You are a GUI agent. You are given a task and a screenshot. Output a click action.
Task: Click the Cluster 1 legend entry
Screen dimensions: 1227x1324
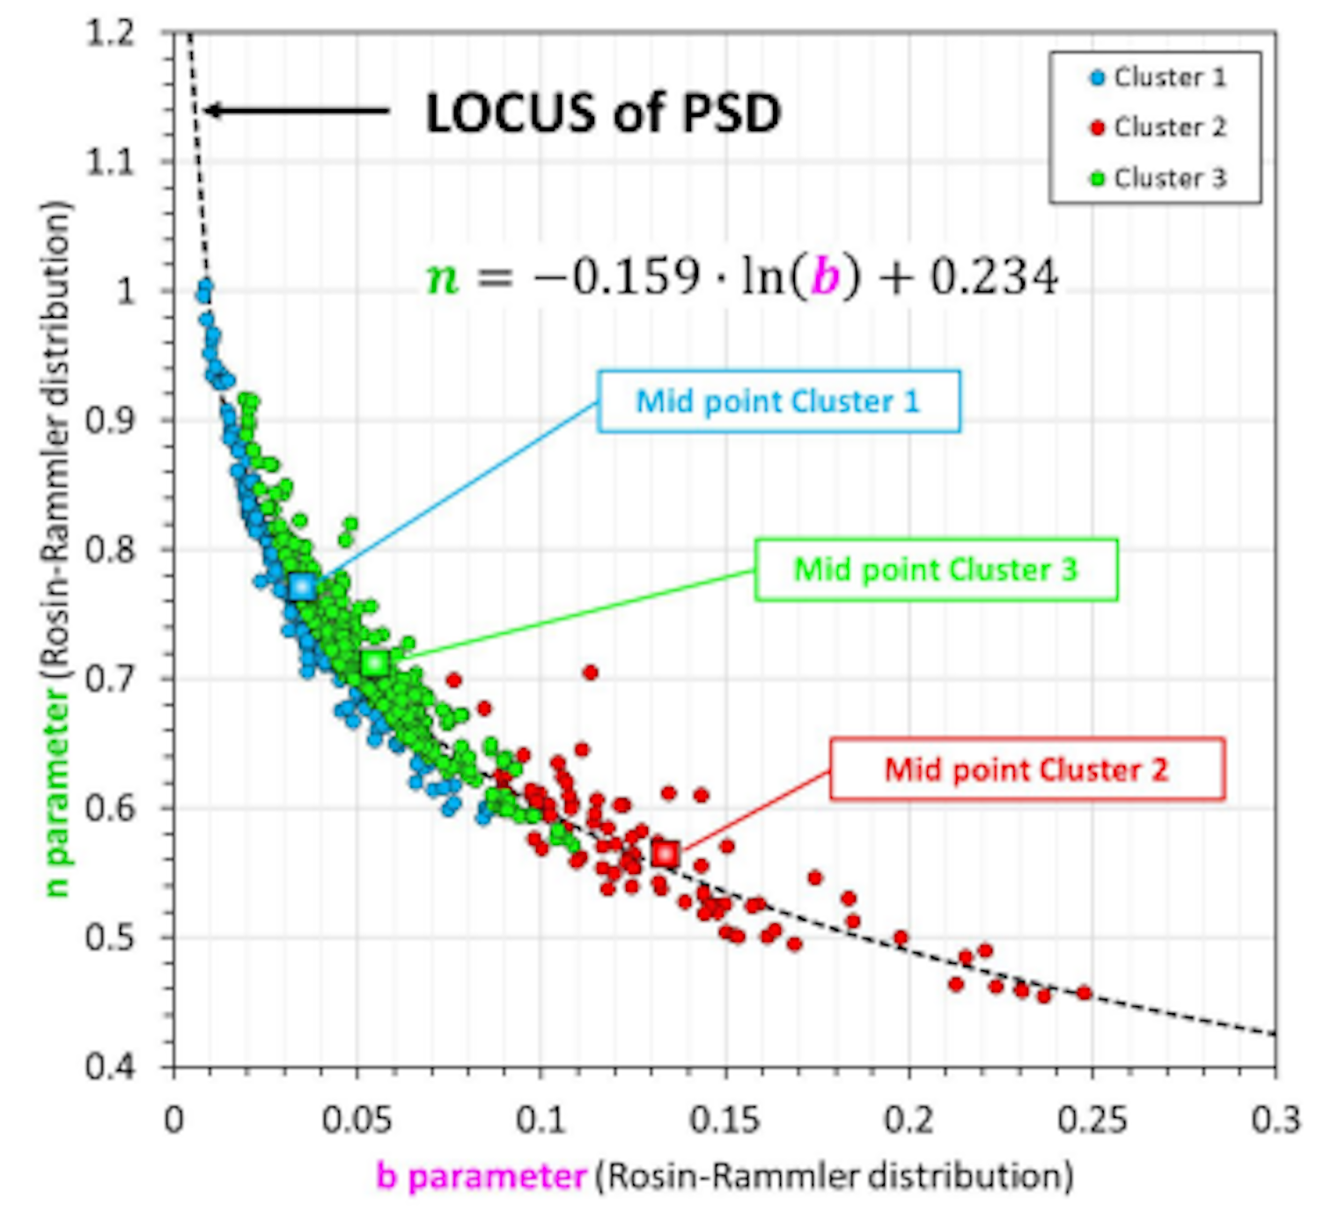point(1157,77)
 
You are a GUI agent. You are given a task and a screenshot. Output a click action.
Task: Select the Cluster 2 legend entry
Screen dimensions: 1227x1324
point(1157,128)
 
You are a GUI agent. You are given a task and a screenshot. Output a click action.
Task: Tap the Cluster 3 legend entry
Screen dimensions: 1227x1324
point(1157,178)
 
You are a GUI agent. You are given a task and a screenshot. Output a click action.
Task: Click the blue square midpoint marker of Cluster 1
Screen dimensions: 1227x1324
point(302,586)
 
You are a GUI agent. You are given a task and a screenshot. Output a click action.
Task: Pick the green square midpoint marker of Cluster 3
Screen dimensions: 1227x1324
point(375,663)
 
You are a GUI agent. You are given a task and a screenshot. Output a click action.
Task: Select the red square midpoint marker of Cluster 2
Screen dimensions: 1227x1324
point(666,853)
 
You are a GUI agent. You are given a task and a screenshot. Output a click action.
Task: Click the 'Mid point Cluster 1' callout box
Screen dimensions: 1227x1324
point(778,401)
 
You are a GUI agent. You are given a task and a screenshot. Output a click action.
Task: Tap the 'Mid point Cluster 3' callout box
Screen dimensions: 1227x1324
point(936,569)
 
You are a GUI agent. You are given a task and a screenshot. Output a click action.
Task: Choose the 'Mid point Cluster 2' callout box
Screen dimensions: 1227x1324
point(1026,769)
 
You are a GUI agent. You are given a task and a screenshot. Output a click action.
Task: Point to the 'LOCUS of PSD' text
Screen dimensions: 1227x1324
point(603,113)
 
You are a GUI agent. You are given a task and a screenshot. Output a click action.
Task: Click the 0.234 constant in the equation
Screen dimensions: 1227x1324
point(995,277)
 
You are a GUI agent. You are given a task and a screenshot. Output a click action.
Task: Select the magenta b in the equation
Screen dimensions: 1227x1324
point(826,277)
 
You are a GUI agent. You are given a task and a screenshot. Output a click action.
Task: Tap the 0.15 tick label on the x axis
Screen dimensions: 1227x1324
point(725,1120)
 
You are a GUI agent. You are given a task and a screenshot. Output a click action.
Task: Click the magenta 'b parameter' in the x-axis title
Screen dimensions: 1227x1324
point(481,1177)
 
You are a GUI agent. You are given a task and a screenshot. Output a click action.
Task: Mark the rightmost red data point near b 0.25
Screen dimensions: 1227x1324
point(1085,993)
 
